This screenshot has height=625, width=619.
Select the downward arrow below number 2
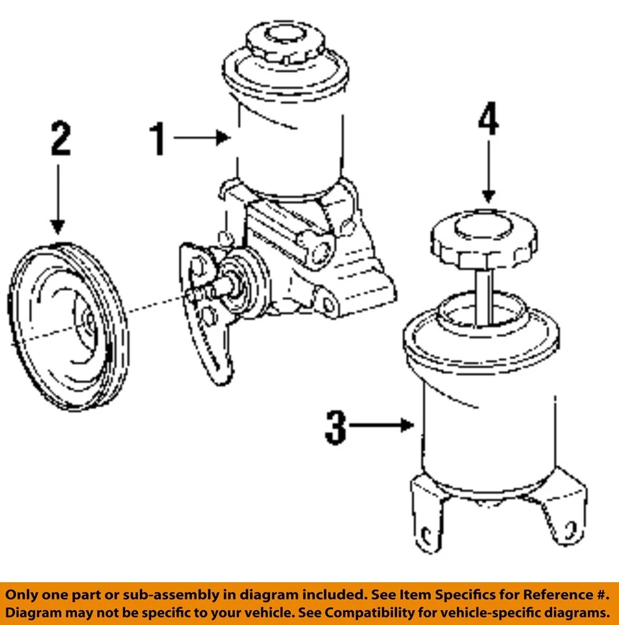tap(58, 199)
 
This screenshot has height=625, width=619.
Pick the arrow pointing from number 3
tap(384, 426)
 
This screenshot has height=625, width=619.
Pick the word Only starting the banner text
tap(20, 594)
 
